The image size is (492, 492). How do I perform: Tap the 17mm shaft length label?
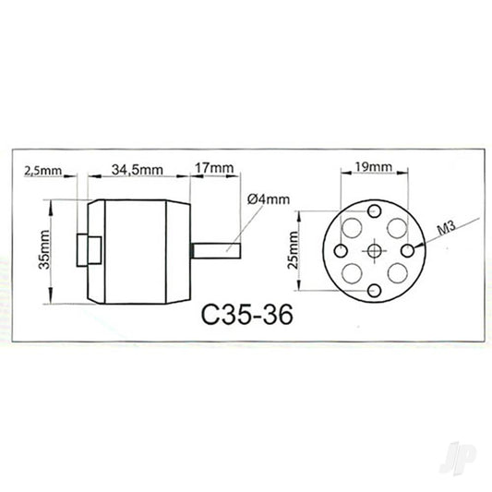215,169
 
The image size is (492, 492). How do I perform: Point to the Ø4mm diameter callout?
268,198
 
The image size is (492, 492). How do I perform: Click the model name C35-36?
246,316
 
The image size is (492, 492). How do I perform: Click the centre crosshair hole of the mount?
374,250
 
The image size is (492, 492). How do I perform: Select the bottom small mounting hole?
374,291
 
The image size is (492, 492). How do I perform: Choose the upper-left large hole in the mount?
353,227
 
